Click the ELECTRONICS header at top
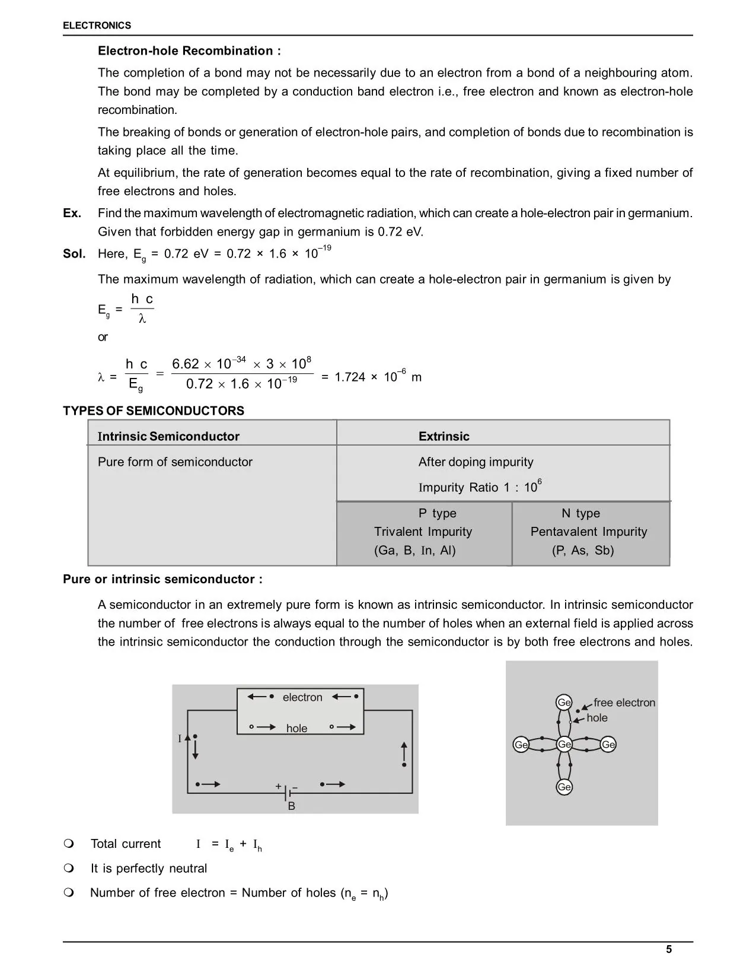97,26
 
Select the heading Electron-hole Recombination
189,51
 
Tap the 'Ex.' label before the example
72,213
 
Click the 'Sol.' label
74,254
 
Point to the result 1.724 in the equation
350,377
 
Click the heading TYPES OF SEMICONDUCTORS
153,411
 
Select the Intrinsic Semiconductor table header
168,437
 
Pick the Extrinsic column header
444,437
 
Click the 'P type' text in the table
437,513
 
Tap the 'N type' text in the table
580,513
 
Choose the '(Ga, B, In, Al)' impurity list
414,551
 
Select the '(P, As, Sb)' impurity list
582,551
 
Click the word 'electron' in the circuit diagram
302,697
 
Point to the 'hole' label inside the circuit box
296,728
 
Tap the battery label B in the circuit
291,806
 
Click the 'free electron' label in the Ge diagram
624,703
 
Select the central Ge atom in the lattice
564,744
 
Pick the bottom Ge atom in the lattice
564,787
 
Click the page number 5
669,949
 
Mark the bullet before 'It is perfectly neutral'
69,869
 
